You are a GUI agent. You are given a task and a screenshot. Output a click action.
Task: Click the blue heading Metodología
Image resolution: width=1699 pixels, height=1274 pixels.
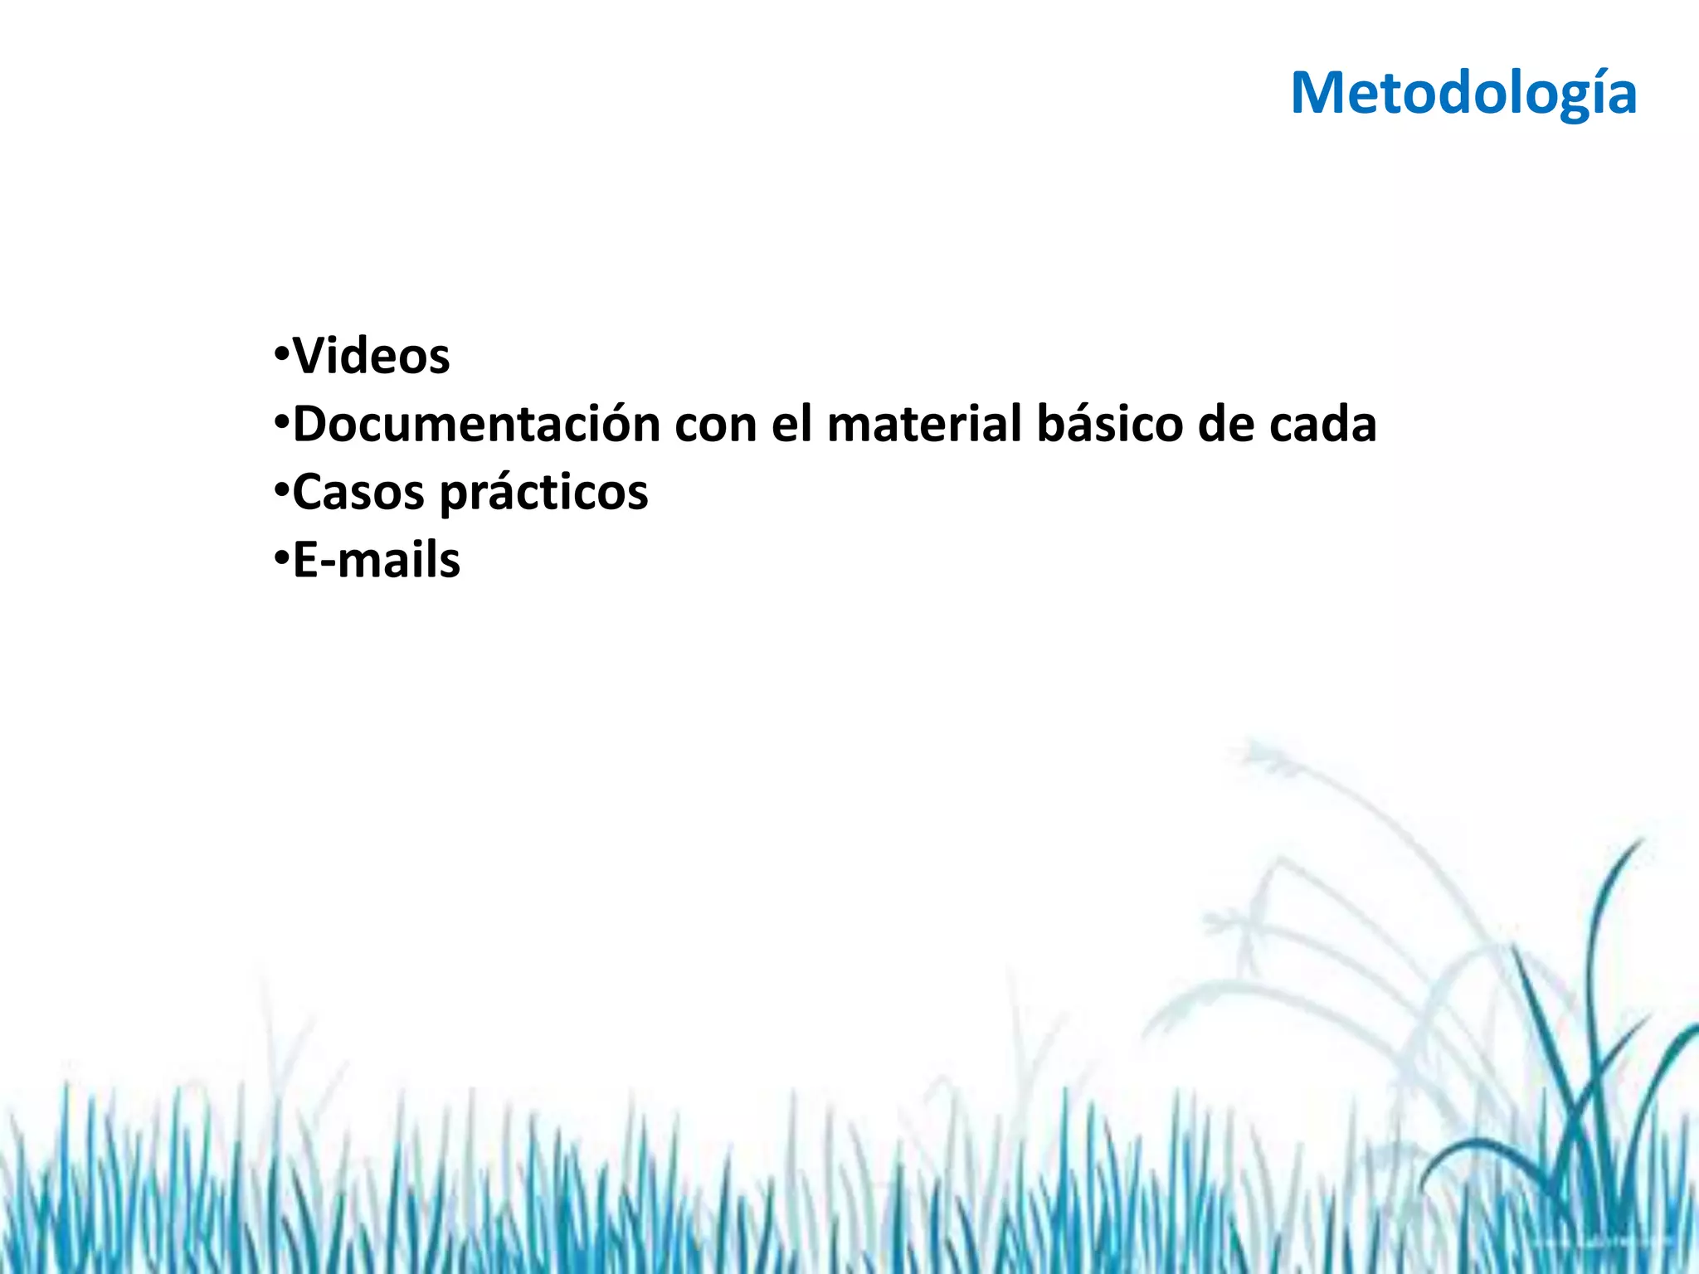1463,93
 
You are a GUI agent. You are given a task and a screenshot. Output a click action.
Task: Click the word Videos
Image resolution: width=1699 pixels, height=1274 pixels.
372,357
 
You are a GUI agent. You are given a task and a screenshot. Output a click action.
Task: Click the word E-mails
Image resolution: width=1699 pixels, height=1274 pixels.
377,561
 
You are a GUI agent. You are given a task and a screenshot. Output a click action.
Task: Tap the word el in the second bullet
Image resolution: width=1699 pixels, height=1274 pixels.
791,425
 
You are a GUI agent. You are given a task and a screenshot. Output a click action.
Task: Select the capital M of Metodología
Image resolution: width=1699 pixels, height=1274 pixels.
1320,93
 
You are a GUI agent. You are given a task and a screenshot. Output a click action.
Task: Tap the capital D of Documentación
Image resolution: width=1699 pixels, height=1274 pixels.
311,425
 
